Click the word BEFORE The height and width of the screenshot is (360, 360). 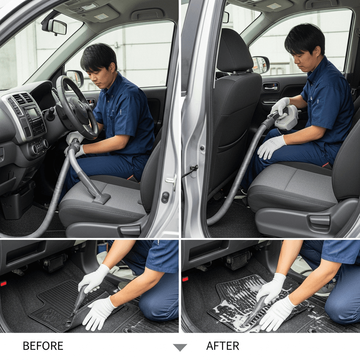(43, 346)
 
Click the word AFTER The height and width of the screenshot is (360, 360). (223, 346)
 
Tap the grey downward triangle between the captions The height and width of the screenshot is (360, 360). (180, 347)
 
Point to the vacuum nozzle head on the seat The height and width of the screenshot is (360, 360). (101, 199)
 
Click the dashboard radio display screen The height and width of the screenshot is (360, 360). (33, 113)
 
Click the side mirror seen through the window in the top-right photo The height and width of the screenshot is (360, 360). (261, 65)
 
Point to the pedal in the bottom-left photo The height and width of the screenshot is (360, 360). (54, 262)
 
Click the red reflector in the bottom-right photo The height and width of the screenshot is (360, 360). (185, 279)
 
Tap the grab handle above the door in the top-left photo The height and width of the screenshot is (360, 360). (147, 14)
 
